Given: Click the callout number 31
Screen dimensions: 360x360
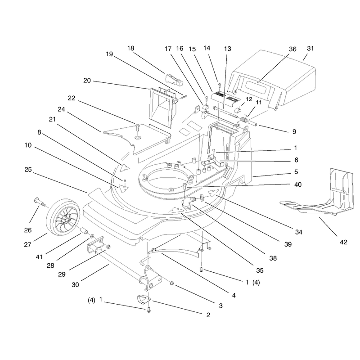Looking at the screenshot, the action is coord(310,49).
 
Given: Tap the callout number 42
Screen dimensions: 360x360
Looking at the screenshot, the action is coord(343,242).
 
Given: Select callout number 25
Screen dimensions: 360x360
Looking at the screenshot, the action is coord(28,170).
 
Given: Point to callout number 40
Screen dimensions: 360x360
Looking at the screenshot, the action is coord(298,184).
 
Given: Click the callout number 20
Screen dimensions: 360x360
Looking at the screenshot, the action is coord(87,81).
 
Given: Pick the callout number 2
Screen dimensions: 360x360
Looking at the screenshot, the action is coord(208,315).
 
